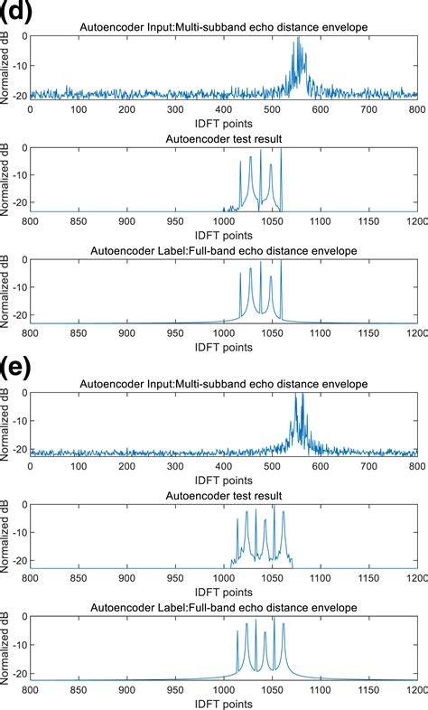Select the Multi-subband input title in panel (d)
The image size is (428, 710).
coord(223,27)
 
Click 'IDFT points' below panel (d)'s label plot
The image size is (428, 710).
coord(223,346)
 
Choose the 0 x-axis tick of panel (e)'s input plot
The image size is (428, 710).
coord(31,466)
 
